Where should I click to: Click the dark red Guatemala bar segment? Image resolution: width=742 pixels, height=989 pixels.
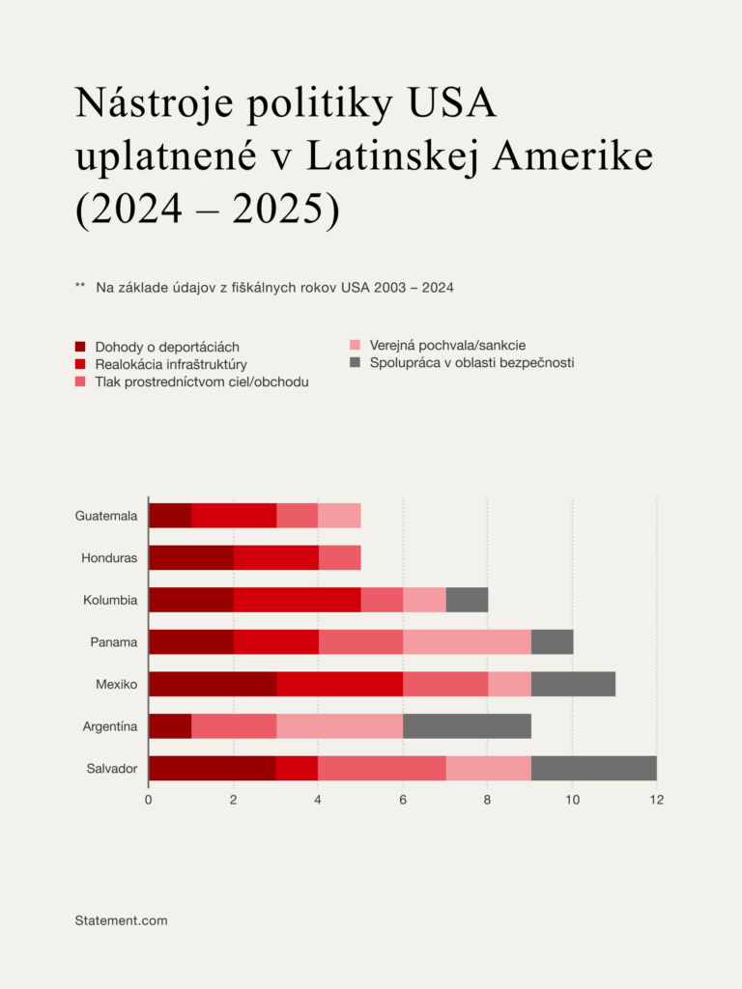(x=170, y=516)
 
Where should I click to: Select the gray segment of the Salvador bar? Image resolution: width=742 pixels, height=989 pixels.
(x=593, y=769)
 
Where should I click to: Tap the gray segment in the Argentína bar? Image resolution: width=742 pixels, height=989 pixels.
(x=467, y=726)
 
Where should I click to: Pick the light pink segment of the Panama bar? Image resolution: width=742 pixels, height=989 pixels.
(x=467, y=642)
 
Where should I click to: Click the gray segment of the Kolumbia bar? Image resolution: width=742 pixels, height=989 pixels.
(x=467, y=600)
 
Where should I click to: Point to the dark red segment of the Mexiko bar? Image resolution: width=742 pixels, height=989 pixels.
(x=213, y=685)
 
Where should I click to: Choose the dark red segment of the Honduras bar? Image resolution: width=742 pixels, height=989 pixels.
(x=191, y=558)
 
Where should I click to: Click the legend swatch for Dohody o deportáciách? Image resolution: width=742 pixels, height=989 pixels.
(x=81, y=347)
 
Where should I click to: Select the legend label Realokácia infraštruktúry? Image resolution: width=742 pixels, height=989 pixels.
(x=171, y=364)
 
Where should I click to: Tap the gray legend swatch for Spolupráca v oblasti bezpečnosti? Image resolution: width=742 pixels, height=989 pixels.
(x=355, y=362)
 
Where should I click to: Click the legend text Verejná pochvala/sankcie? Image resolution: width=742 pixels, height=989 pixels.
(x=447, y=345)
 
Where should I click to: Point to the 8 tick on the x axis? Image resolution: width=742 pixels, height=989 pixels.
(x=488, y=800)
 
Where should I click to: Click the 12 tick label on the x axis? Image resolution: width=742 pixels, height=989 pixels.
(x=657, y=800)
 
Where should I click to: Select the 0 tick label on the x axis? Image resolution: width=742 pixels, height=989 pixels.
(x=149, y=800)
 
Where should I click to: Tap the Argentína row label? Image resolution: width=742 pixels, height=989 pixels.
(x=109, y=726)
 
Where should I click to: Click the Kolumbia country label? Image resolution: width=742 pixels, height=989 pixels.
(x=110, y=600)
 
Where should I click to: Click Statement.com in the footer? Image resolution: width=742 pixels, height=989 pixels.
(x=121, y=920)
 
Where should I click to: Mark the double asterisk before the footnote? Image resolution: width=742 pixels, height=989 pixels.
(x=80, y=287)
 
